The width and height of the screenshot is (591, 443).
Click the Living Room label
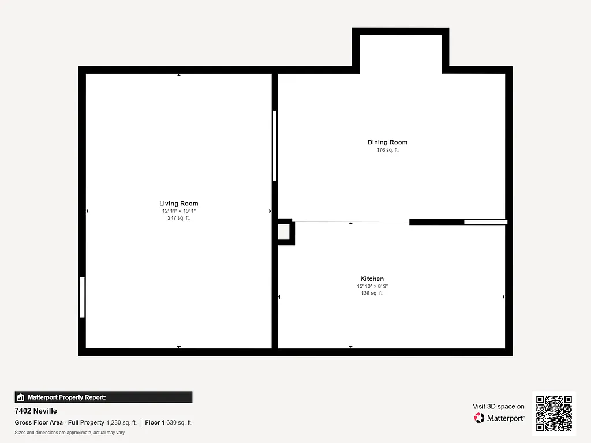tap(179, 204)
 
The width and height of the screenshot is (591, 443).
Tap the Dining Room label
tap(387, 142)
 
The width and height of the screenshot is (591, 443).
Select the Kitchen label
tap(372, 279)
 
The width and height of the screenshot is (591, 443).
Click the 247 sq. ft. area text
tap(179, 218)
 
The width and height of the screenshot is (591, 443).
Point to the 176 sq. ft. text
tap(387, 150)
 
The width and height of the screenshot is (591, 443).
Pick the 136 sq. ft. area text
tap(372, 294)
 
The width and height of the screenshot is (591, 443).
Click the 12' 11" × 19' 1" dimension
tap(179, 211)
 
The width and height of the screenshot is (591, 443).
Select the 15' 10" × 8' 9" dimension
tap(372, 286)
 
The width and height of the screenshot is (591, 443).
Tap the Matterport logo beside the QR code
tap(499, 418)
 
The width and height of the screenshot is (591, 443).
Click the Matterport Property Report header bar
tap(103, 397)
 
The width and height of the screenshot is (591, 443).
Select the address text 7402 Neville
tap(36, 411)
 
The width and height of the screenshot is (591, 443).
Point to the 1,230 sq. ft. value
tap(122, 423)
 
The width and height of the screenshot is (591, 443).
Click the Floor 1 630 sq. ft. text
tap(169, 423)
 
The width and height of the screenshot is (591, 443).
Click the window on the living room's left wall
tap(82, 297)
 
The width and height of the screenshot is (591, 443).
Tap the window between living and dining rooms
tap(275, 146)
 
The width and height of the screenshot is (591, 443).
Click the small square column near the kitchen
tap(284, 231)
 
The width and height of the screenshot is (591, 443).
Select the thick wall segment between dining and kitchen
tap(436, 221)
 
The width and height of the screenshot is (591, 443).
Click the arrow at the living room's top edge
tap(179, 75)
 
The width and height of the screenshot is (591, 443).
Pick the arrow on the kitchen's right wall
tap(504, 297)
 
